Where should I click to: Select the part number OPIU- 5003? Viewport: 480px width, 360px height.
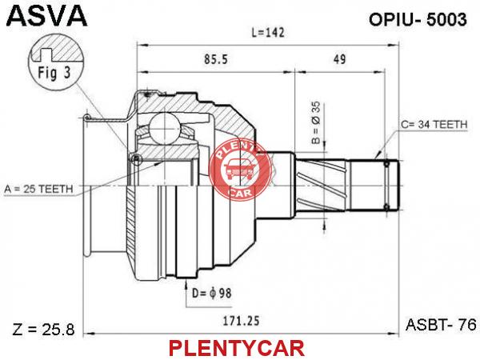[418, 19]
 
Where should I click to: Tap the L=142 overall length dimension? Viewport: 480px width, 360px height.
[268, 32]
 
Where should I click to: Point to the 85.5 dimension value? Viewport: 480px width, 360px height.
[216, 59]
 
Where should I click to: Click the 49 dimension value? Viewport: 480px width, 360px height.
[339, 59]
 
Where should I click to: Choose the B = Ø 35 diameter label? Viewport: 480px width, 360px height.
[316, 122]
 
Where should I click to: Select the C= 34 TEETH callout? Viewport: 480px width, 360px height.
[434, 124]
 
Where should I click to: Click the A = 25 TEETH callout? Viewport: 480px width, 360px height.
[38, 189]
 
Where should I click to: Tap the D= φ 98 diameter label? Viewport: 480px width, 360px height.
[212, 294]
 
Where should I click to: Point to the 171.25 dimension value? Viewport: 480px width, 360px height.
[241, 321]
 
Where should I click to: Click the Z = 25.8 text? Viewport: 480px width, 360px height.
[43, 330]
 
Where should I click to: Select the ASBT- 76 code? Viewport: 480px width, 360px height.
[441, 325]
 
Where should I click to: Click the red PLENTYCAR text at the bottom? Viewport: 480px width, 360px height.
[236, 348]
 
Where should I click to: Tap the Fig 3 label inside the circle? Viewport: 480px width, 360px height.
[54, 73]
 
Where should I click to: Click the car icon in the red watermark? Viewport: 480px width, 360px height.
[238, 170]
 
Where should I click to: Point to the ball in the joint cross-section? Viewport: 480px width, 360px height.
[164, 128]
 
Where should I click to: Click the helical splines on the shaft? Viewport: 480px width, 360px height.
[322, 186]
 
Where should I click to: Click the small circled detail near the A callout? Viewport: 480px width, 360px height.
[136, 159]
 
